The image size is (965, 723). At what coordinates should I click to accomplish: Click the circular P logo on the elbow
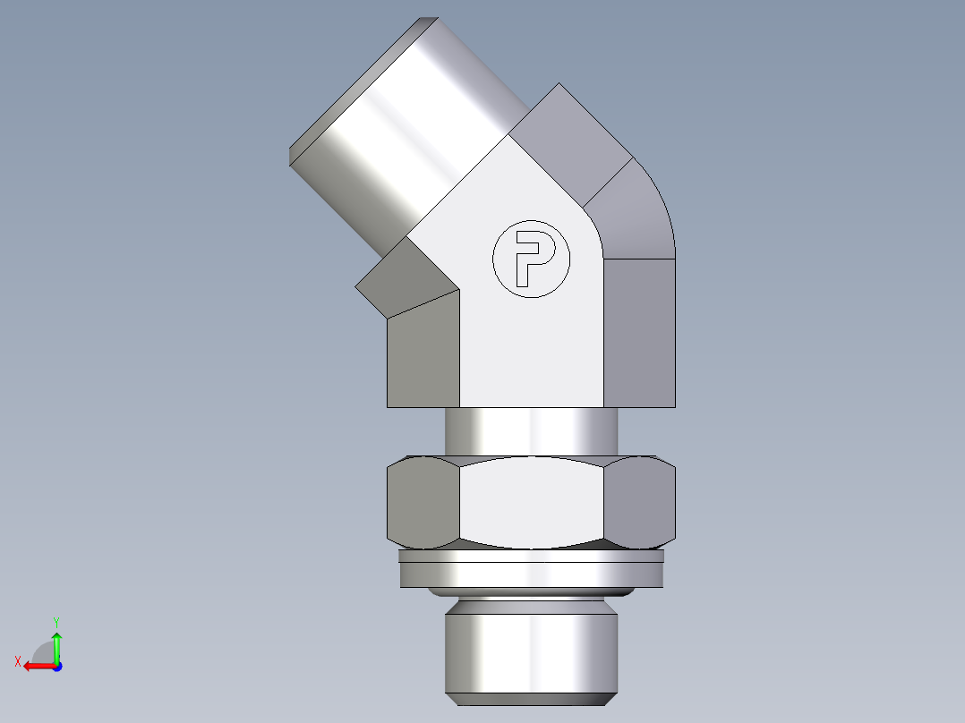[531, 259]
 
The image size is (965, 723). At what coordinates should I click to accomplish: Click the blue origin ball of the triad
[56, 666]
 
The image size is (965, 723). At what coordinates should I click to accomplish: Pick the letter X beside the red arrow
[17, 661]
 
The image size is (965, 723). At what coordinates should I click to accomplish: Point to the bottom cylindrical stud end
[531, 649]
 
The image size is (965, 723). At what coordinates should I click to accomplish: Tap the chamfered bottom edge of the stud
[531, 698]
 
